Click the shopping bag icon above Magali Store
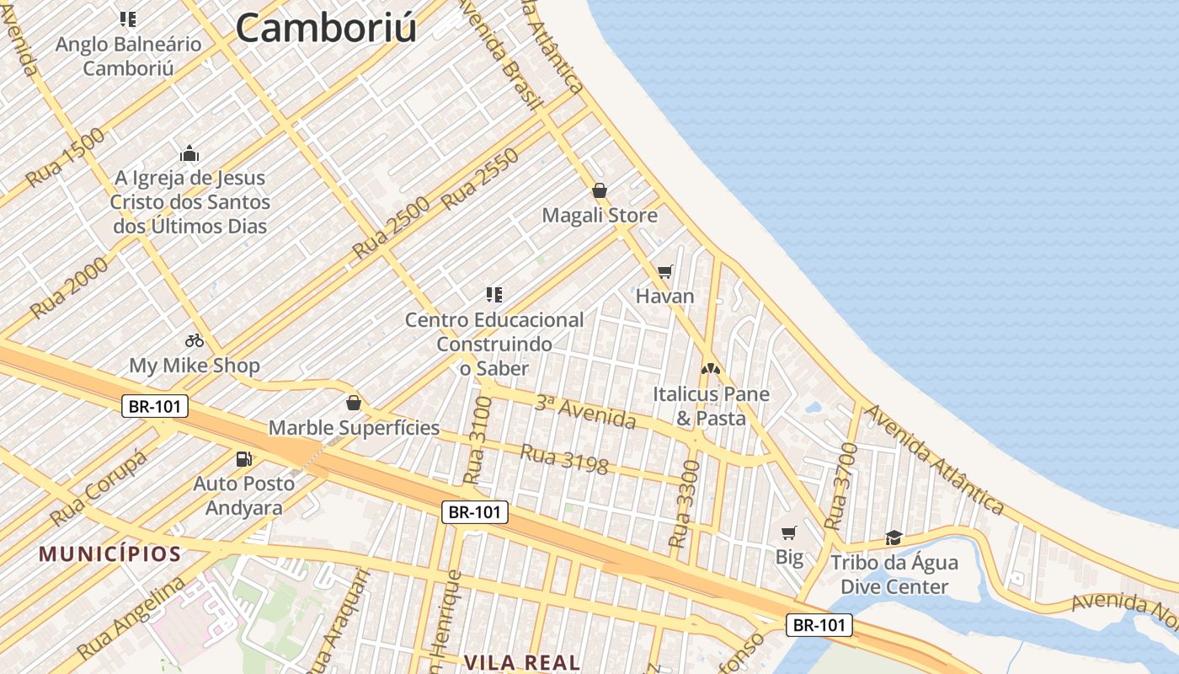tap(599, 190)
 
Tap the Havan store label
tap(664, 296)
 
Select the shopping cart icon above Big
tap(788, 532)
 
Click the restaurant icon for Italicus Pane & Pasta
tap(711, 368)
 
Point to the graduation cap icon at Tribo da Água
tap(894, 538)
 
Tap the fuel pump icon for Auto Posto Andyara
tap(243, 459)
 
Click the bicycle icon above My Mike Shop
tap(195, 340)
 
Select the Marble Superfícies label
tap(354, 427)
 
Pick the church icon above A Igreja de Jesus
tap(189, 153)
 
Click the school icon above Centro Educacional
tap(493, 294)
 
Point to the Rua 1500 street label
tap(66, 158)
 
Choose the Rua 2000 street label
tap(69, 287)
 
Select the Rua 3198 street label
tap(563, 459)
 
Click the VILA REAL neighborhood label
tap(521, 662)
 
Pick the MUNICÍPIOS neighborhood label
tap(110, 554)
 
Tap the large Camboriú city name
tap(326, 27)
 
